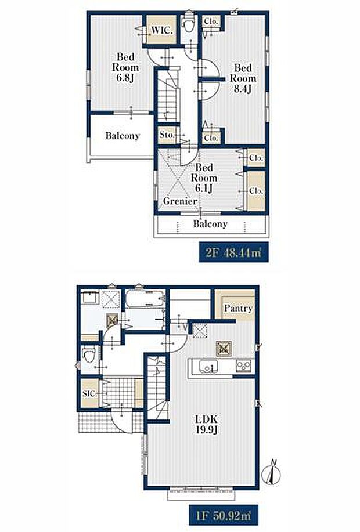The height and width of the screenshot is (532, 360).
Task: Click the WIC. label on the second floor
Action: coord(162,30)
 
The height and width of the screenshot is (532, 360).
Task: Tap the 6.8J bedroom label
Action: coord(125,67)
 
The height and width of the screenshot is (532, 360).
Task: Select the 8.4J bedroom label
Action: coord(243,78)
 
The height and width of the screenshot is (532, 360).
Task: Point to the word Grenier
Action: coord(180,201)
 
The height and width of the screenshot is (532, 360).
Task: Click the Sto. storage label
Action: coord(167,135)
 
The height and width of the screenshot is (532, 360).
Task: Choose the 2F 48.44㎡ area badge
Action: coord(233,252)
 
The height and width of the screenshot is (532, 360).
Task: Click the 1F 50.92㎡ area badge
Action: coord(224,515)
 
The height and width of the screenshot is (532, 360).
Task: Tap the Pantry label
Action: coord(239,309)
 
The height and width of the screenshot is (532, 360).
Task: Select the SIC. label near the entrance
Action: coord(89,394)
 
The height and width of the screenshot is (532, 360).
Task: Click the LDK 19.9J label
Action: coord(206,424)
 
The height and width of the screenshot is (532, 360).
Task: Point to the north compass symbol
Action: coord(273,472)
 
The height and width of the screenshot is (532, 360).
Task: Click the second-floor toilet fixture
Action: coord(188,23)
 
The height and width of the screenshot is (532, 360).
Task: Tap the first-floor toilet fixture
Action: coord(89,357)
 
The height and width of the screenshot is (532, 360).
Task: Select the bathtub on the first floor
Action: coord(145,299)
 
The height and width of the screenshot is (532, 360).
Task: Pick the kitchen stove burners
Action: coord(244,365)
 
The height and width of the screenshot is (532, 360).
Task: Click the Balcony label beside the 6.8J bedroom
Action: coord(123,136)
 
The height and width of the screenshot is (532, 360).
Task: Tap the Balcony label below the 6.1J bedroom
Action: coord(210,224)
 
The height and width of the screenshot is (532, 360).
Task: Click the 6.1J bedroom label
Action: coord(204,178)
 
